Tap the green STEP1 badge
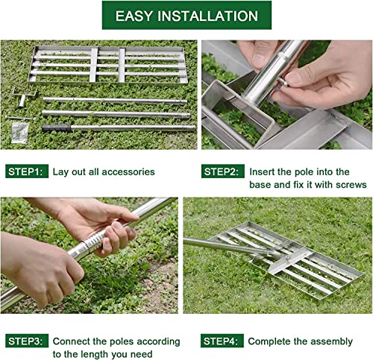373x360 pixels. coord(27,171)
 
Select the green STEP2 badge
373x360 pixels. coord(223,171)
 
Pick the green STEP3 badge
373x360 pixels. coord(27,341)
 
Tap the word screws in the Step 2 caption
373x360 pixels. coord(351,184)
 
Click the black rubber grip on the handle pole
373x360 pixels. coord(55,128)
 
